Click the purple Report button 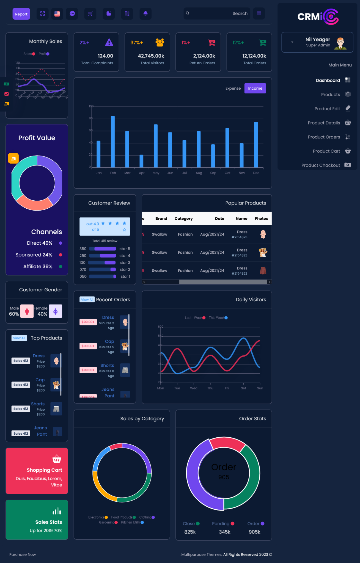tap(21, 14)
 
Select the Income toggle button tap(255, 88)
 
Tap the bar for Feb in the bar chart tap(113, 142)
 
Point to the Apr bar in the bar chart tap(141, 161)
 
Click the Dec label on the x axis tap(256, 173)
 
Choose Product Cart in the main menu tap(326, 151)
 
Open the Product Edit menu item tap(327, 109)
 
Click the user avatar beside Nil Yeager tap(340, 43)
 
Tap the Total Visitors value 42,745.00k tap(151, 56)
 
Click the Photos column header tap(261, 219)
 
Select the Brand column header tap(161, 219)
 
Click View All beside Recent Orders tap(87, 300)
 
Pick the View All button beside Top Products tap(19, 338)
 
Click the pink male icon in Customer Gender tap(27, 311)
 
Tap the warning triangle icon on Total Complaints tap(109, 42)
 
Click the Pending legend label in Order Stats tap(221, 524)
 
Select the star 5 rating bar tap(105, 249)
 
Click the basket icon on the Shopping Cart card tap(57, 459)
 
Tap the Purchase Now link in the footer tap(23, 554)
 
